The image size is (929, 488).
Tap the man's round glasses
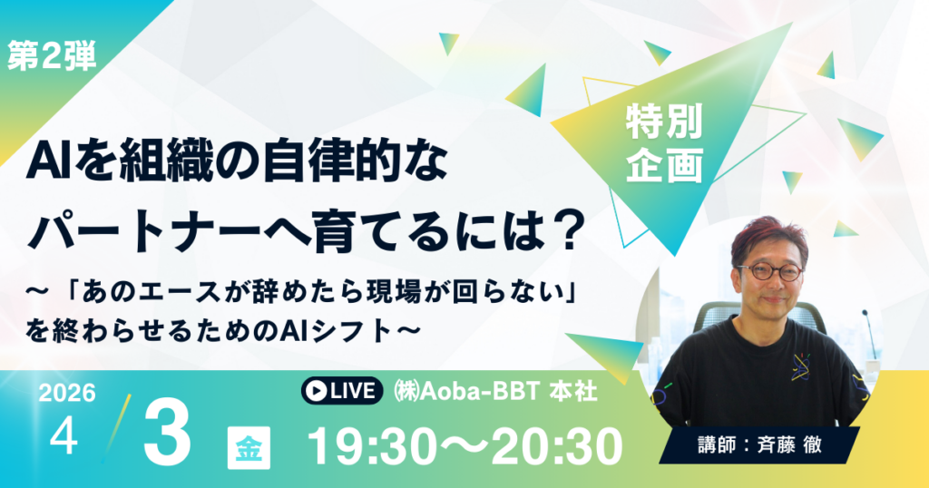pyautogui.click(x=769, y=271)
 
